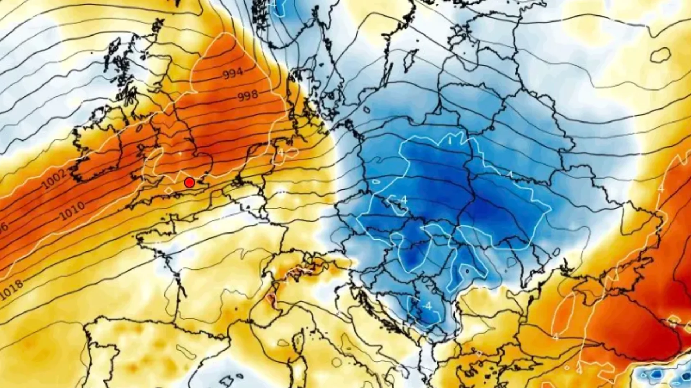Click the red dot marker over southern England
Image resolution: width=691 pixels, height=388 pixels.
189,183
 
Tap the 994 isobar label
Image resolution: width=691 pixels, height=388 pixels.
233,73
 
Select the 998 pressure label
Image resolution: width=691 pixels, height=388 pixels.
248,96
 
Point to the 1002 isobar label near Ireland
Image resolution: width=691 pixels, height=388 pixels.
54,179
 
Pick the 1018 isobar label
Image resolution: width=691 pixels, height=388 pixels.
12,290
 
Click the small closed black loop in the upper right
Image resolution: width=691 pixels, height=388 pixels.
660,55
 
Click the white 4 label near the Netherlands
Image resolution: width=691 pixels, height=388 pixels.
281,153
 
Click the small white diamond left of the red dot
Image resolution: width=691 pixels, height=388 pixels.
169,190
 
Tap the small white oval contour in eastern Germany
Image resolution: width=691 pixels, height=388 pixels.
376,181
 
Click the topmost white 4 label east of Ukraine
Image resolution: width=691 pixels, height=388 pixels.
661,188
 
